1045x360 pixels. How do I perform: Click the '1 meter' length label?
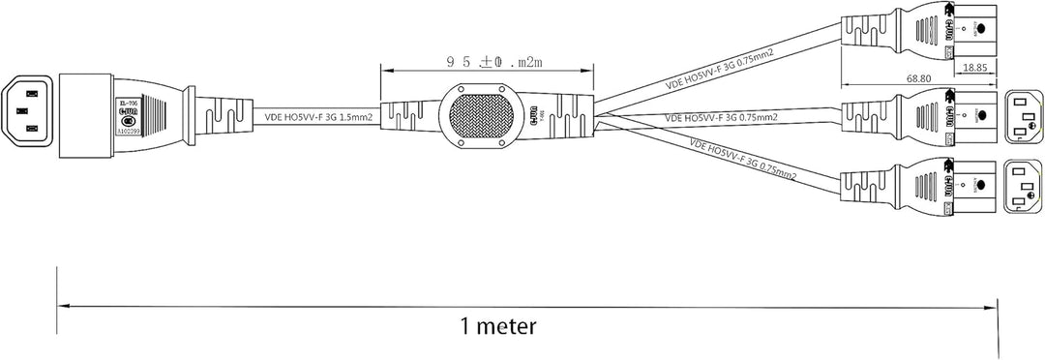coord(497,325)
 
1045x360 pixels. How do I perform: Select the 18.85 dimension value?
coord(977,70)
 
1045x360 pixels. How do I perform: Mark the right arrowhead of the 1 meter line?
coord(993,308)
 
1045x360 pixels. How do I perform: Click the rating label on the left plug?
coord(129,112)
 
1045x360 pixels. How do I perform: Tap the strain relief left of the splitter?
coord(405,115)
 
